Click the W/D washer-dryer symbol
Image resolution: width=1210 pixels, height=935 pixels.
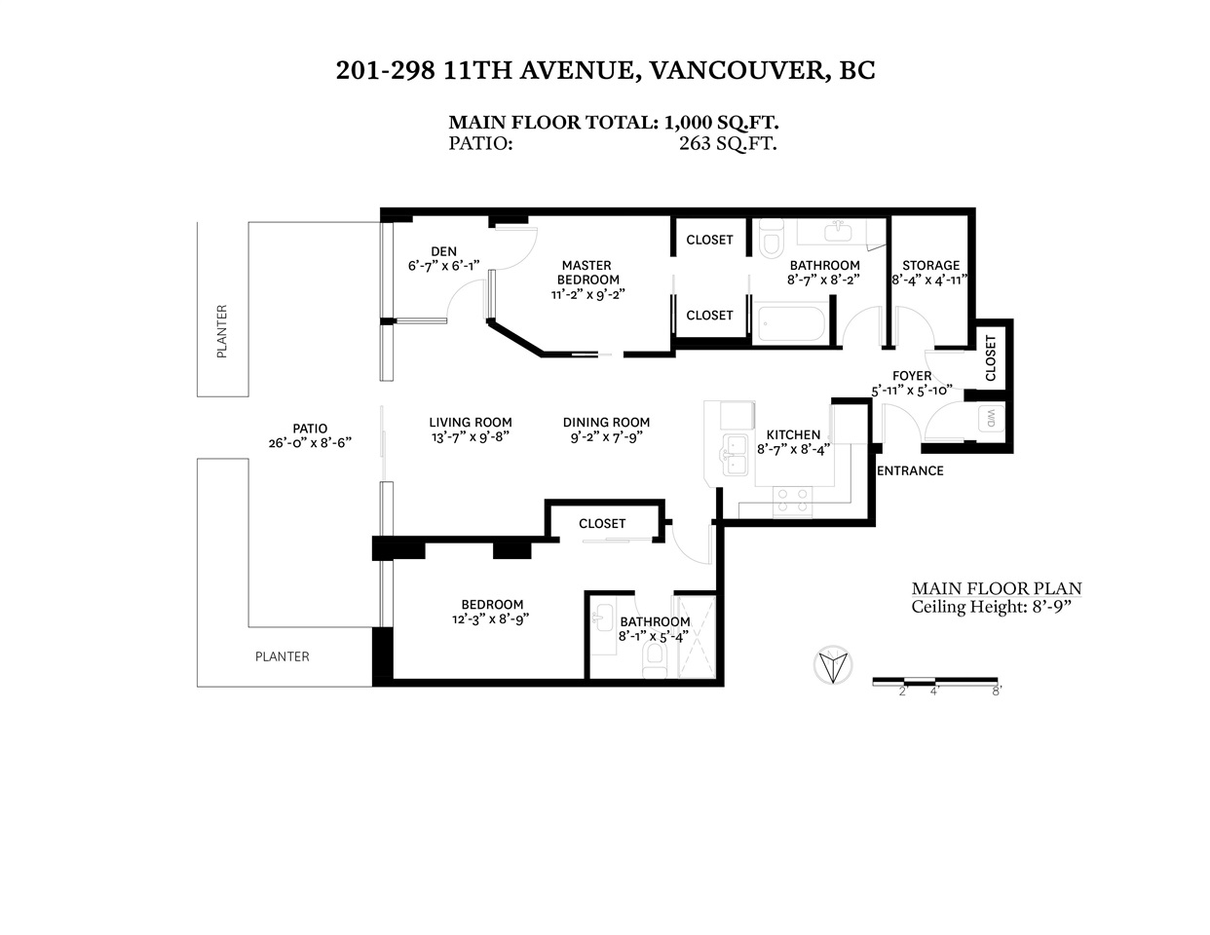coord(991,418)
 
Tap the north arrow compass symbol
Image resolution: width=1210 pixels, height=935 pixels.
coord(832,665)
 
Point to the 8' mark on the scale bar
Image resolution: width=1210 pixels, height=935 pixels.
coord(997,692)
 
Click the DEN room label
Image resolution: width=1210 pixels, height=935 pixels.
coord(444,251)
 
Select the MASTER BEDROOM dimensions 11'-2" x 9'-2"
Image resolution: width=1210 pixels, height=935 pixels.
coord(588,294)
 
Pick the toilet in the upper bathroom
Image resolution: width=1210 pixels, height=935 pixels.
coord(772,239)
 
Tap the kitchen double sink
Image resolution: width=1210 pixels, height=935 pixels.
coord(735,455)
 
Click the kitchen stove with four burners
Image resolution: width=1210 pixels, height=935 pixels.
coord(792,501)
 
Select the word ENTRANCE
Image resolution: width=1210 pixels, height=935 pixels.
coord(910,470)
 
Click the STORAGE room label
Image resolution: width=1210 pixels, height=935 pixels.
coord(931,266)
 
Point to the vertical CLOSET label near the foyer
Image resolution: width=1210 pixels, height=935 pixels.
coord(990,357)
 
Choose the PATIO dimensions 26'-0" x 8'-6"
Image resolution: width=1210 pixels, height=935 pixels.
coord(310,442)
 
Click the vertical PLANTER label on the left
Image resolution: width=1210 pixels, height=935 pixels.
coord(221,331)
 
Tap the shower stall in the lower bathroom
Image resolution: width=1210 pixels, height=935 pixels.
coord(696,637)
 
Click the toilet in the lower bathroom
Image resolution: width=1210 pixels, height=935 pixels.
coord(655,661)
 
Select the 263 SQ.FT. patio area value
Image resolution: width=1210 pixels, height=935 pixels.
coord(728,143)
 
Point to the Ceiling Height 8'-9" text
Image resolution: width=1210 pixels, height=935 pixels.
coord(992,607)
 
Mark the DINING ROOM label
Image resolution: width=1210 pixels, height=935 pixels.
coord(606,423)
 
